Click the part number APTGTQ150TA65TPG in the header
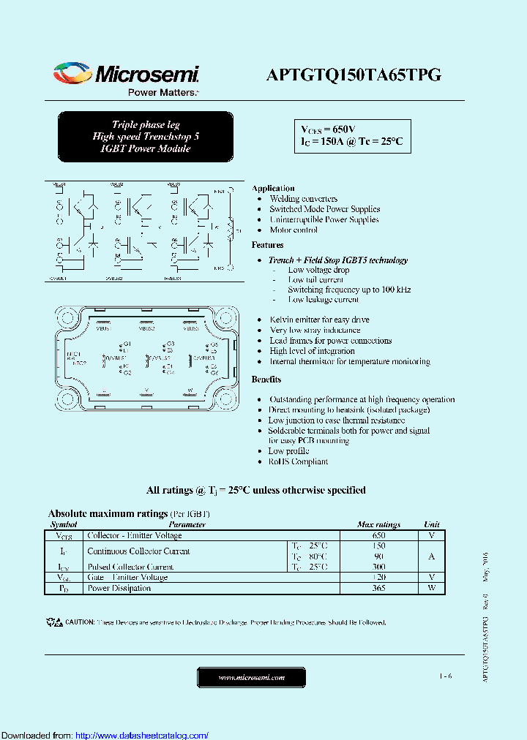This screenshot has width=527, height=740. pos(353,75)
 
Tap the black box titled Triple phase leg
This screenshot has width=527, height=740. pos(146,137)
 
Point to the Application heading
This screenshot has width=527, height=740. pos(273,188)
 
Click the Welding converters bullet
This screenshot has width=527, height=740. pos(303,199)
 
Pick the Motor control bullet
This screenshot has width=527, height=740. pos(294,230)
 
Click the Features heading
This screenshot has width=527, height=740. pos(267,245)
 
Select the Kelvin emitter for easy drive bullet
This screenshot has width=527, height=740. pos(319,320)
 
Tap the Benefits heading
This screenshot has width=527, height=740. pos(266,380)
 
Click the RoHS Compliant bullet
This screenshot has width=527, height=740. pos(298,461)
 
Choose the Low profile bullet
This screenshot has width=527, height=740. pos(288,451)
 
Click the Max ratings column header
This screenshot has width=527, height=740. pos(378,524)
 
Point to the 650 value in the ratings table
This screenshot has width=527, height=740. pos(378,535)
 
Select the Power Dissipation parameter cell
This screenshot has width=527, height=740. pos(119,588)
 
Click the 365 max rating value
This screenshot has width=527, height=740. pos(378,588)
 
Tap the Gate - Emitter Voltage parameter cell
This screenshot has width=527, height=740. pos(127,577)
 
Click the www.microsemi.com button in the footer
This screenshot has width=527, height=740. pos(252,678)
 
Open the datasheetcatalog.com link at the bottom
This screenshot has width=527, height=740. pos(142,735)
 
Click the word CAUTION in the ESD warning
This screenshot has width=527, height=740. pos(80,622)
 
